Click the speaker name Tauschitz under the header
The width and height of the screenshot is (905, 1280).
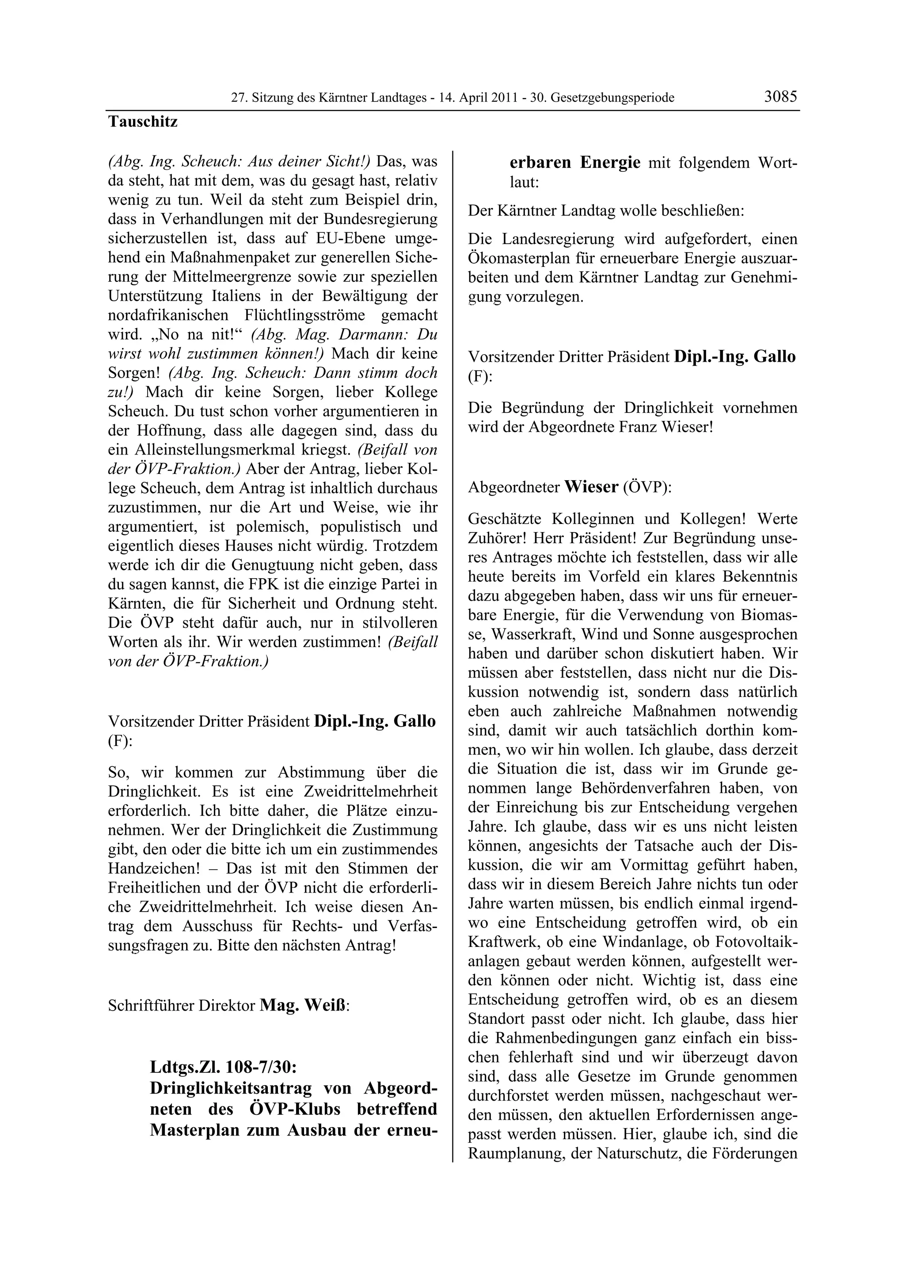point(143,121)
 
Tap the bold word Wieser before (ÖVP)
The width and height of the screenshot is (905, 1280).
point(591,487)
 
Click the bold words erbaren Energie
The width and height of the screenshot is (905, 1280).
point(575,163)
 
